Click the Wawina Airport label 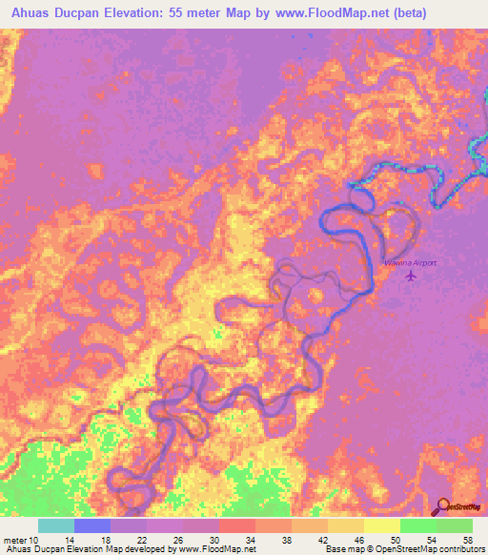pyautogui.click(x=411, y=261)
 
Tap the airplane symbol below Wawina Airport pyautogui.click(x=412, y=277)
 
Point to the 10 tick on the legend pyautogui.click(x=37, y=540)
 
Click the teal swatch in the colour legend pyautogui.click(x=56, y=525)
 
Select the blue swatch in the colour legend pyautogui.click(x=92, y=525)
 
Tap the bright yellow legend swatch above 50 pyautogui.click(x=381, y=525)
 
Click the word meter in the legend pyautogui.click(x=15, y=540)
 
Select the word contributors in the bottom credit pyautogui.click(x=461, y=550)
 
